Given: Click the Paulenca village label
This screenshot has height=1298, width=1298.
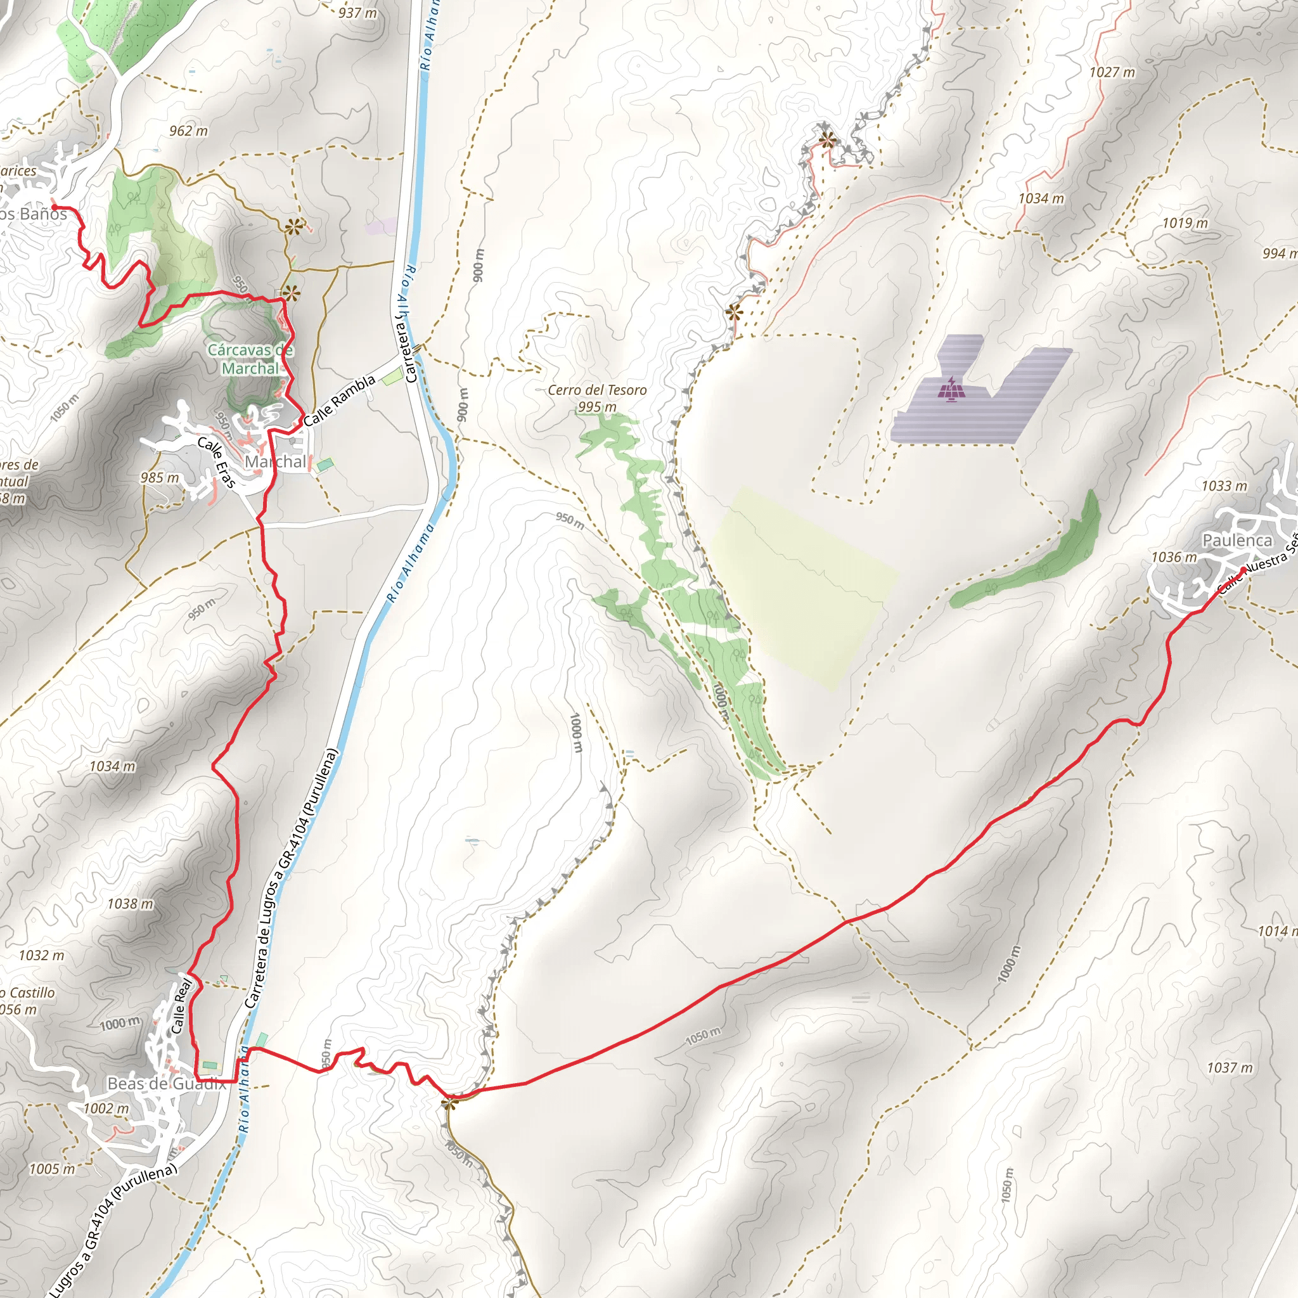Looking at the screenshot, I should coord(1237,540).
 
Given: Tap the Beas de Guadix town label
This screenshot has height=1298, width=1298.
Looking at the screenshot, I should coord(166,1083).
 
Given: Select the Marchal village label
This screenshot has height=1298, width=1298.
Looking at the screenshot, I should coord(275,461).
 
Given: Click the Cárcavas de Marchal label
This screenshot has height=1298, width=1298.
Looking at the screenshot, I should coord(250,359).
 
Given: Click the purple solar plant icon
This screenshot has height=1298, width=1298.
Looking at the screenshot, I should coord(949,389).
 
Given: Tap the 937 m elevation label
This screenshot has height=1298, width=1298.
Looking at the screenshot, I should coord(357,13).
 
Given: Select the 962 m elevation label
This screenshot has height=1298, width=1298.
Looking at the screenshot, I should coord(188,131).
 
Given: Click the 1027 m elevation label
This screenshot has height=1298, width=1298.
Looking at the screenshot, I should coord(1112,72).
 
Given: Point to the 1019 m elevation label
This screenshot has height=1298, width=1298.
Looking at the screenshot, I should coord(1185,223).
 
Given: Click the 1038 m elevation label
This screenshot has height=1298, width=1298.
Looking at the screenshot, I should coord(131,904).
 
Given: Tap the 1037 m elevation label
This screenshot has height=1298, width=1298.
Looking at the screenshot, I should coord(1230,1067).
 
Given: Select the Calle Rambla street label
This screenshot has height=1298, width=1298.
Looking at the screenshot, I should coord(339,401).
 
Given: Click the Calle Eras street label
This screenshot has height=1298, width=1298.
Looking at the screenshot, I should coord(216,463).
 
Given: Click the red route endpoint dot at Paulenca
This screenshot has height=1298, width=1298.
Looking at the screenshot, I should coord(1243,570).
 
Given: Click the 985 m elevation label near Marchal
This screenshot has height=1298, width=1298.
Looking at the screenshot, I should coord(160,478).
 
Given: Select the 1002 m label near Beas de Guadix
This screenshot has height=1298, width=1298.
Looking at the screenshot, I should coord(106,1108).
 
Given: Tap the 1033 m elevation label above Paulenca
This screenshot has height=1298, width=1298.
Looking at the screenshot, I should coord(1224,485).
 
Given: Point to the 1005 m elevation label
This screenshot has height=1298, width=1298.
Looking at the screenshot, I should coord(53,1169).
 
